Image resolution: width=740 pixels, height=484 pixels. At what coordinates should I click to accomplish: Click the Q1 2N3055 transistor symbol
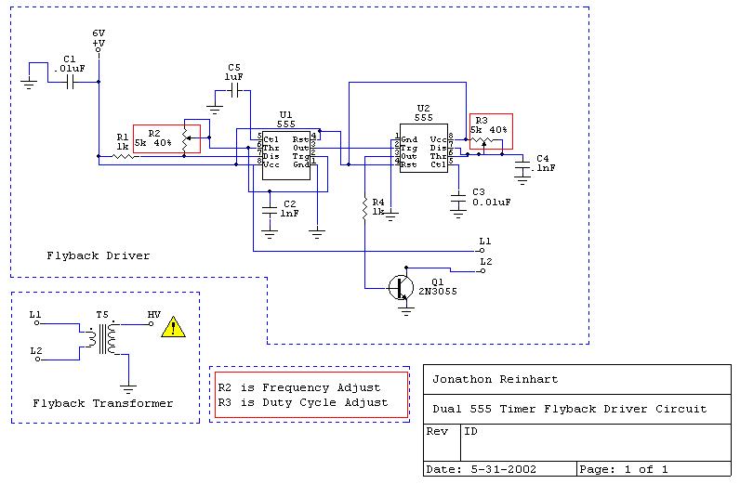(402, 287)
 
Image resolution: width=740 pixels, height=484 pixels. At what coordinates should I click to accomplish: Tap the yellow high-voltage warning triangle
(173, 326)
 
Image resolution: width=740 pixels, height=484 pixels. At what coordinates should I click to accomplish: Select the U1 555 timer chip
(286, 150)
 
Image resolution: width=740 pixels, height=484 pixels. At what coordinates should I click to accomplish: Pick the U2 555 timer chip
(423, 146)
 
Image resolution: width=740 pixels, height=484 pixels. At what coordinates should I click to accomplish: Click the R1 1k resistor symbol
(124, 156)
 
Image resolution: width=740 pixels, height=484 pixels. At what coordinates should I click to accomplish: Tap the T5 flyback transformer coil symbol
(105, 338)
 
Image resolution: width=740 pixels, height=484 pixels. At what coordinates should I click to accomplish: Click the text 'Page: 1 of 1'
(623, 469)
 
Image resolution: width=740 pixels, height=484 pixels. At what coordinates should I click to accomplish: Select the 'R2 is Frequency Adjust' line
(298, 387)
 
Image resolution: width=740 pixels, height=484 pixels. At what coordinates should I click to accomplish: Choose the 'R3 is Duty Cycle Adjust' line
(302, 402)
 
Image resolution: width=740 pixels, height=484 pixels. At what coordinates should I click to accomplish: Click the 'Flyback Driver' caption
(98, 255)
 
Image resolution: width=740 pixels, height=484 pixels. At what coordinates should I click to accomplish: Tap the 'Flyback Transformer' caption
(102, 403)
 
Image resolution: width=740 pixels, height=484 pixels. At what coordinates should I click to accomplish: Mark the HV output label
(154, 315)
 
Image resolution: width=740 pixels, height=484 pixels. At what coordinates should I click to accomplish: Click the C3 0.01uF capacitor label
(491, 196)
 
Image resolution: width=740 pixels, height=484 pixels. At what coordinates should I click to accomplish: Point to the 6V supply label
(99, 34)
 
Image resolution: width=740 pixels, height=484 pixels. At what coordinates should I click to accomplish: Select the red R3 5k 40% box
(491, 131)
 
